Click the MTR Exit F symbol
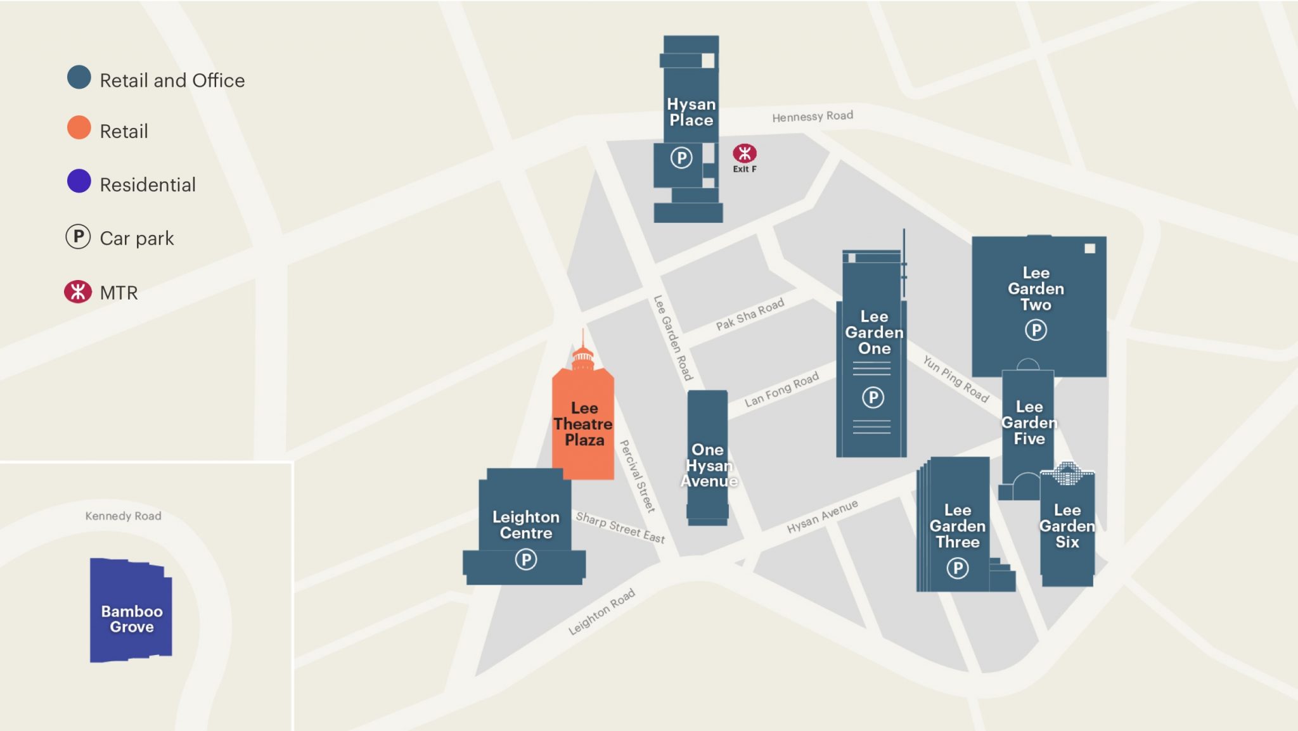coord(744,153)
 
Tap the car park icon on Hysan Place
coord(681,157)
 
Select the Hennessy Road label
coord(812,117)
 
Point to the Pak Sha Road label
coord(750,314)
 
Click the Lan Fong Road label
coord(781,390)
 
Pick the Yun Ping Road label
coord(955,378)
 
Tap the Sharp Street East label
coord(620,528)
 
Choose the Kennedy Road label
coord(123,516)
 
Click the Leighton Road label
coord(601,612)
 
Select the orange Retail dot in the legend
coord(79,128)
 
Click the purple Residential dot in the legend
coord(79,181)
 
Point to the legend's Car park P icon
coord(79,237)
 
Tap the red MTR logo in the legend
coord(78,292)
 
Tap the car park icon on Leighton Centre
coord(525,559)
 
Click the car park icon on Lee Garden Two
coord(1036,330)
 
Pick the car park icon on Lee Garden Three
coord(957,568)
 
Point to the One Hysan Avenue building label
coord(708,465)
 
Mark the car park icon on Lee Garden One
coord(873,397)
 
